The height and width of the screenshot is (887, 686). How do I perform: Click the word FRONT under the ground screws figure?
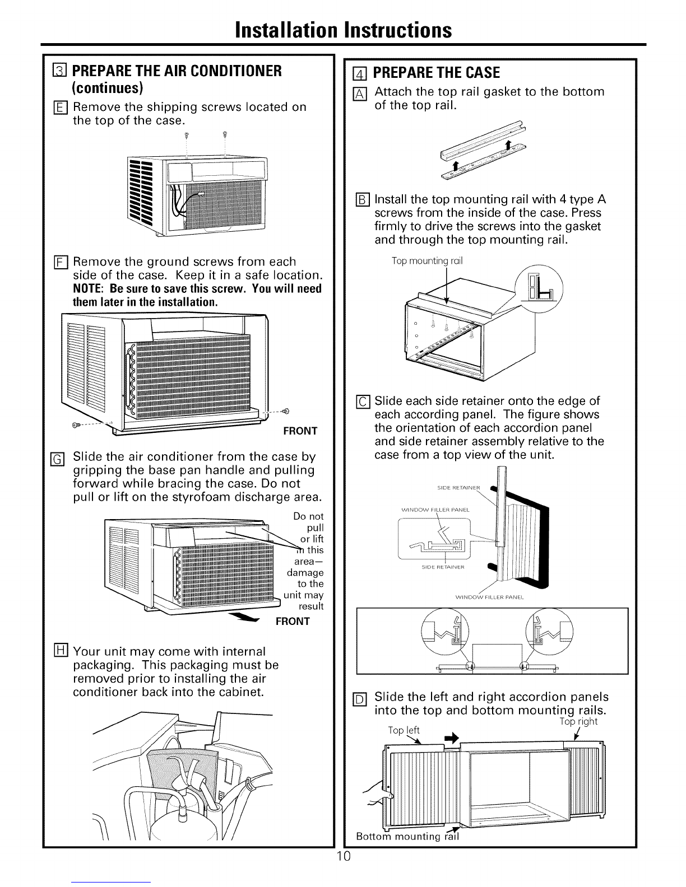coord(300,431)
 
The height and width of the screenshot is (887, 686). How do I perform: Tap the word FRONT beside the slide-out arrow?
coord(292,621)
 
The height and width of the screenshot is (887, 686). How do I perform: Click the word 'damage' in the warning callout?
coord(305,573)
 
